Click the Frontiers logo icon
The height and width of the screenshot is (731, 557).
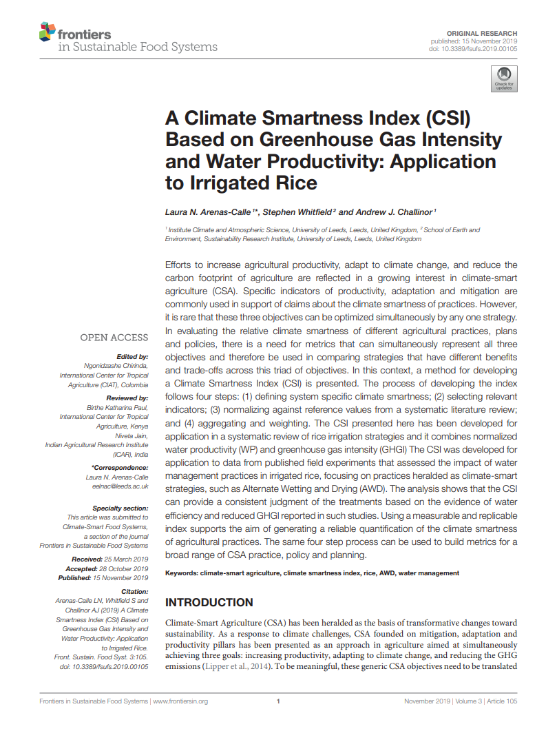(47, 31)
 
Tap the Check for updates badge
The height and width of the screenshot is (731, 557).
(503, 79)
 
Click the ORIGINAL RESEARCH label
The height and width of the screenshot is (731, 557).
(482, 33)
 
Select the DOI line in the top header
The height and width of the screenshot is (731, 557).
(473, 49)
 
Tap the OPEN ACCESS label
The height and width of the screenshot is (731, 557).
(114, 338)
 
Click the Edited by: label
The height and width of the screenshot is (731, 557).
(132, 357)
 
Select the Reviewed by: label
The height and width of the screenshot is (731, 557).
(127, 398)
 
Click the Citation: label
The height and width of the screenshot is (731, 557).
(134, 592)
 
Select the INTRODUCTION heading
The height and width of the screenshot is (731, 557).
(209, 603)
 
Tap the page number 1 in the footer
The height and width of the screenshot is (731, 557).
(278, 701)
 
